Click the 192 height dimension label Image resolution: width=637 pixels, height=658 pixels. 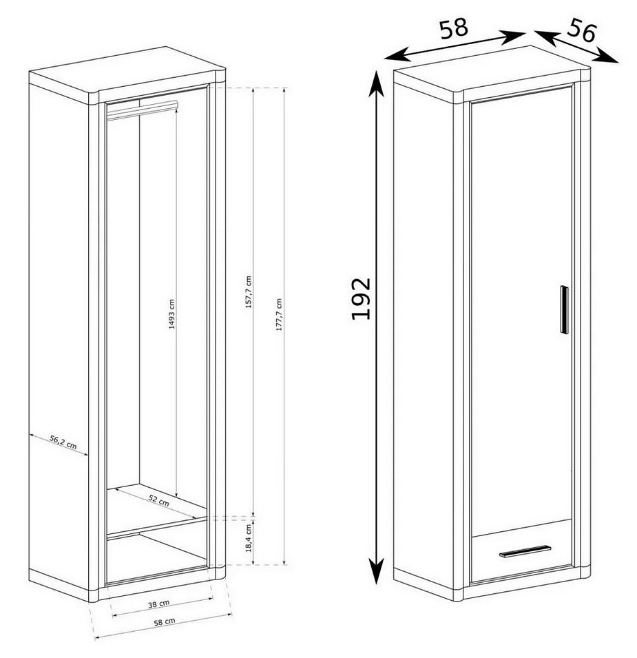[x=361, y=298]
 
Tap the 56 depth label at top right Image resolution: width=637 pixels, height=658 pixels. [x=582, y=31]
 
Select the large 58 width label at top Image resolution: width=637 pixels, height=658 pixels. [x=453, y=28]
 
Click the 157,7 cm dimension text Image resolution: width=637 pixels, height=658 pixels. [x=249, y=292]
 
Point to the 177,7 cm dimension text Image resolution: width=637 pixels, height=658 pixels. [x=279, y=315]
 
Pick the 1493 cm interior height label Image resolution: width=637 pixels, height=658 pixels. [x=172, y=314]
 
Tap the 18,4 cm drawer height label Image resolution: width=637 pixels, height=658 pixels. [x=249, y=537]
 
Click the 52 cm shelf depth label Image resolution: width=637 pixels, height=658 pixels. [x=159, y=500]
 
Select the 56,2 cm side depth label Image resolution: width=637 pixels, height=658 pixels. [x=63, y=442]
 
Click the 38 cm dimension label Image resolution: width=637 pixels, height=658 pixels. [x=159, y=604]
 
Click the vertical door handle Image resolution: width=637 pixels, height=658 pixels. [x=564, y=309]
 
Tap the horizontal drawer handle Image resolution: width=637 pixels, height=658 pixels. [x=525, y=551]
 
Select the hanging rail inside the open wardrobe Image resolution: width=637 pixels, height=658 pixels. [x=142, y=109]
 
